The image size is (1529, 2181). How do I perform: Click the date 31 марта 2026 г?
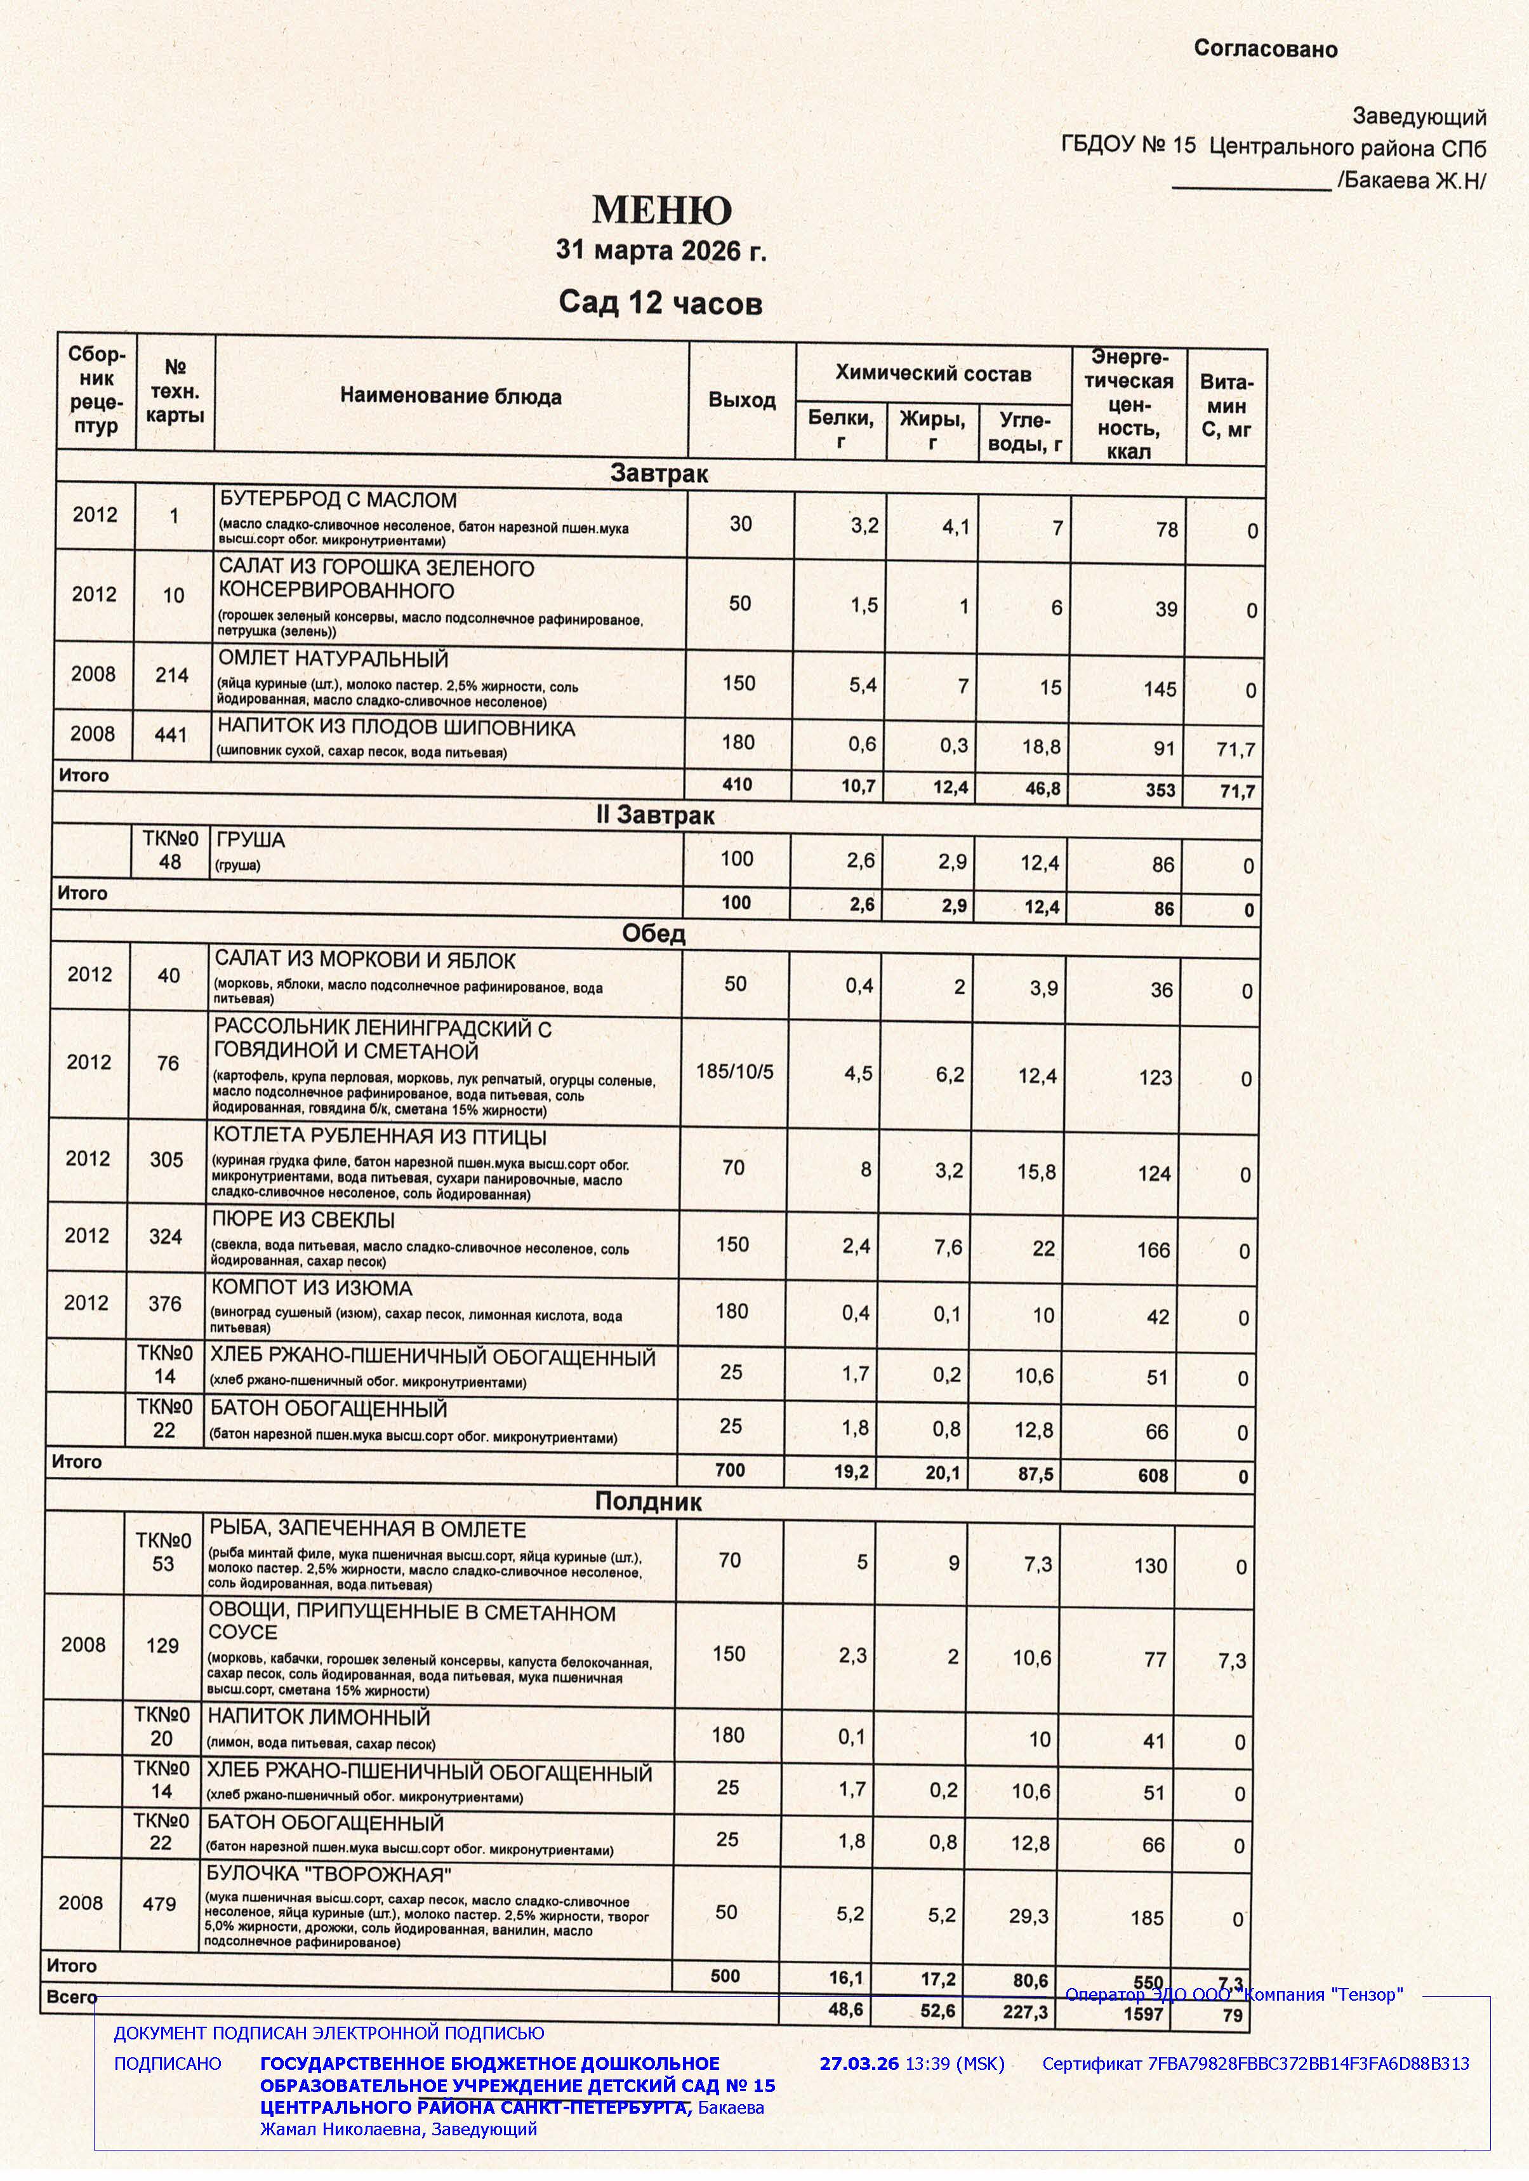[x=660, y=251]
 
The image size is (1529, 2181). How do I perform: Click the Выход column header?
[x=742, y=400]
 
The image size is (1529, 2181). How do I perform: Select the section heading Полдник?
[x=649, y=1502]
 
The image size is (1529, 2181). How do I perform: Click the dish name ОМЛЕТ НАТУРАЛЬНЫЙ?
[x=333, y=659]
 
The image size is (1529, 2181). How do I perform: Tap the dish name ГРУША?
[x=251, y=840]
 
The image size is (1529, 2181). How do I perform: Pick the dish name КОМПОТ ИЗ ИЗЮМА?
[x=312, y=1289]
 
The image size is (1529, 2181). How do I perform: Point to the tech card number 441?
[x=171, y=734]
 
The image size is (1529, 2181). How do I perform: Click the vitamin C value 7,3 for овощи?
[x=1232, y=1660]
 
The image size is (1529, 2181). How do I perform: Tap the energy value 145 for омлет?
[x=1160, y=689]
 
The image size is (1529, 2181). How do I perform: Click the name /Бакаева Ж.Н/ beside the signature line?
[x=1411, y=180]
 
